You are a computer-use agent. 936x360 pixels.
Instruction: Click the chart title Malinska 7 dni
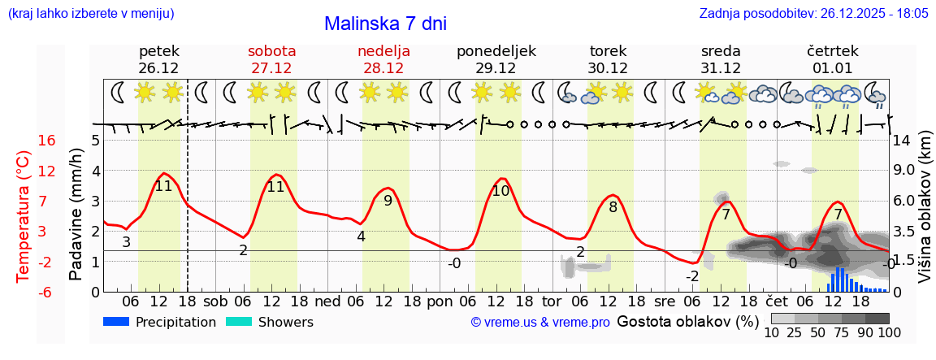pos(385,24)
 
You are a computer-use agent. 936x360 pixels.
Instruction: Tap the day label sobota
pos(271,51)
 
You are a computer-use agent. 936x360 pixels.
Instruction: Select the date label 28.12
pos(383,68)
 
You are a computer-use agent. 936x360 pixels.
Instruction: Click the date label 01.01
pos(832,68)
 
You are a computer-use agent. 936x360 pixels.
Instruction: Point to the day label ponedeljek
pos(496,51)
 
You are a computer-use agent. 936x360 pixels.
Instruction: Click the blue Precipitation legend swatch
pos(117,322)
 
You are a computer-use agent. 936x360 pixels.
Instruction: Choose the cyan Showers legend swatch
pos(239,322)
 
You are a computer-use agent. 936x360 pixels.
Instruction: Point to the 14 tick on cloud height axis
pos(902,141)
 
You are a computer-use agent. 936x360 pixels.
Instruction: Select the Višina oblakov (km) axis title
pos(925,216)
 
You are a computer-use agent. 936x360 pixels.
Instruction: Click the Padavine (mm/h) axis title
pos(76,215)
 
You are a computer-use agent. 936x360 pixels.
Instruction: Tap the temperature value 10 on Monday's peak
pos(500,192)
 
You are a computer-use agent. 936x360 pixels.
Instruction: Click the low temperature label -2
pos(691,276)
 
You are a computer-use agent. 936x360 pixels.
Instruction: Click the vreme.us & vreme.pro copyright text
pos(540,323)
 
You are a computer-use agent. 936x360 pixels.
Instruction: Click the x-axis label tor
pos(552,301)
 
